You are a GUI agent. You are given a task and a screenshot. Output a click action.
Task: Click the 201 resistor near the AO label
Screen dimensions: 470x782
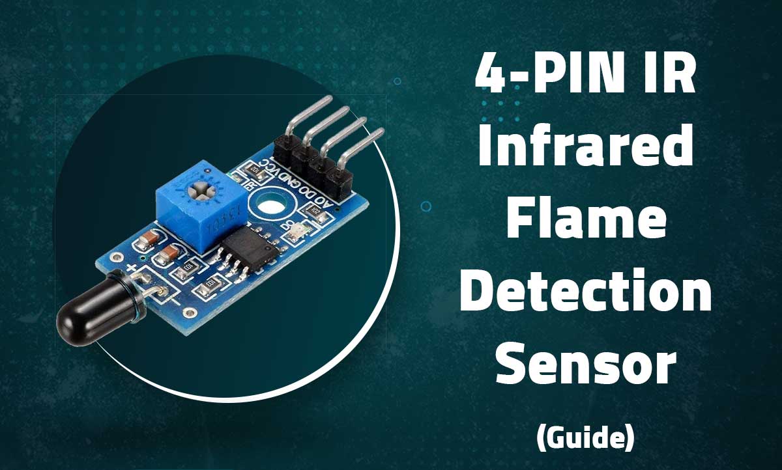point(316,210)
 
